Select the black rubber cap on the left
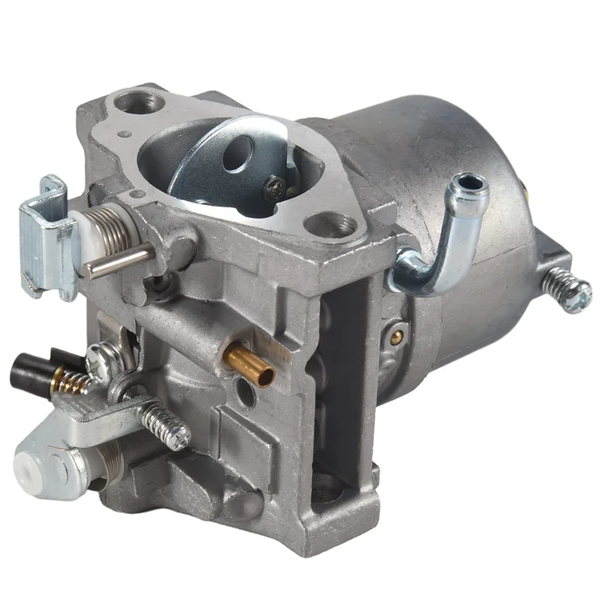28,368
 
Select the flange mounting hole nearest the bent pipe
338,226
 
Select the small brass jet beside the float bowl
394,336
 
